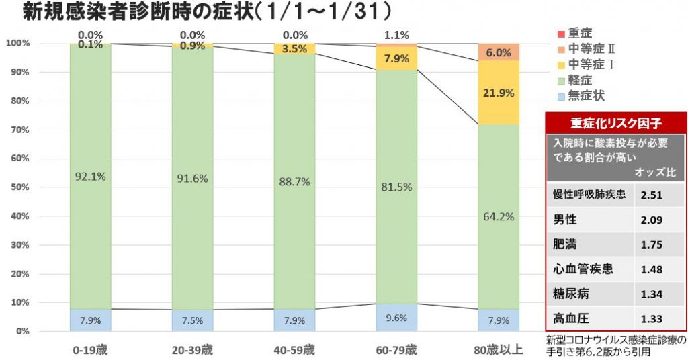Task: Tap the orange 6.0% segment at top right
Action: [499, 53]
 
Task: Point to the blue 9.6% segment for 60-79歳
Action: [396, 318]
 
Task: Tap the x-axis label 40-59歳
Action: [294, 349]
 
